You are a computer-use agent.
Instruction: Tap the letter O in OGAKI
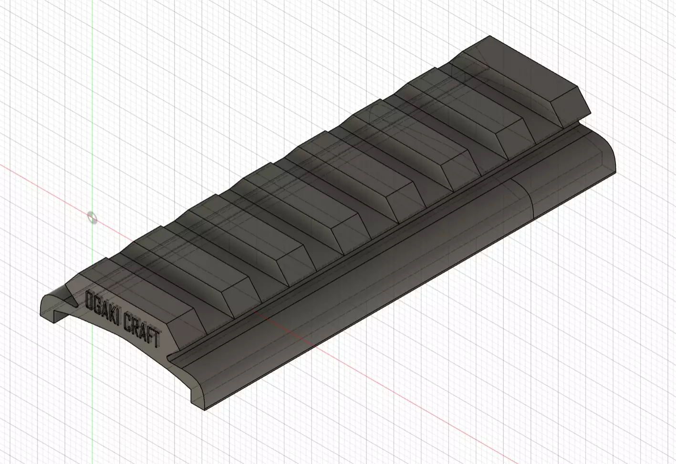click(89, 300)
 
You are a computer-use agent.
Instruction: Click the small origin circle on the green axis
click(92, 218)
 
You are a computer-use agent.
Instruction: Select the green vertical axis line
click(92, 119)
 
